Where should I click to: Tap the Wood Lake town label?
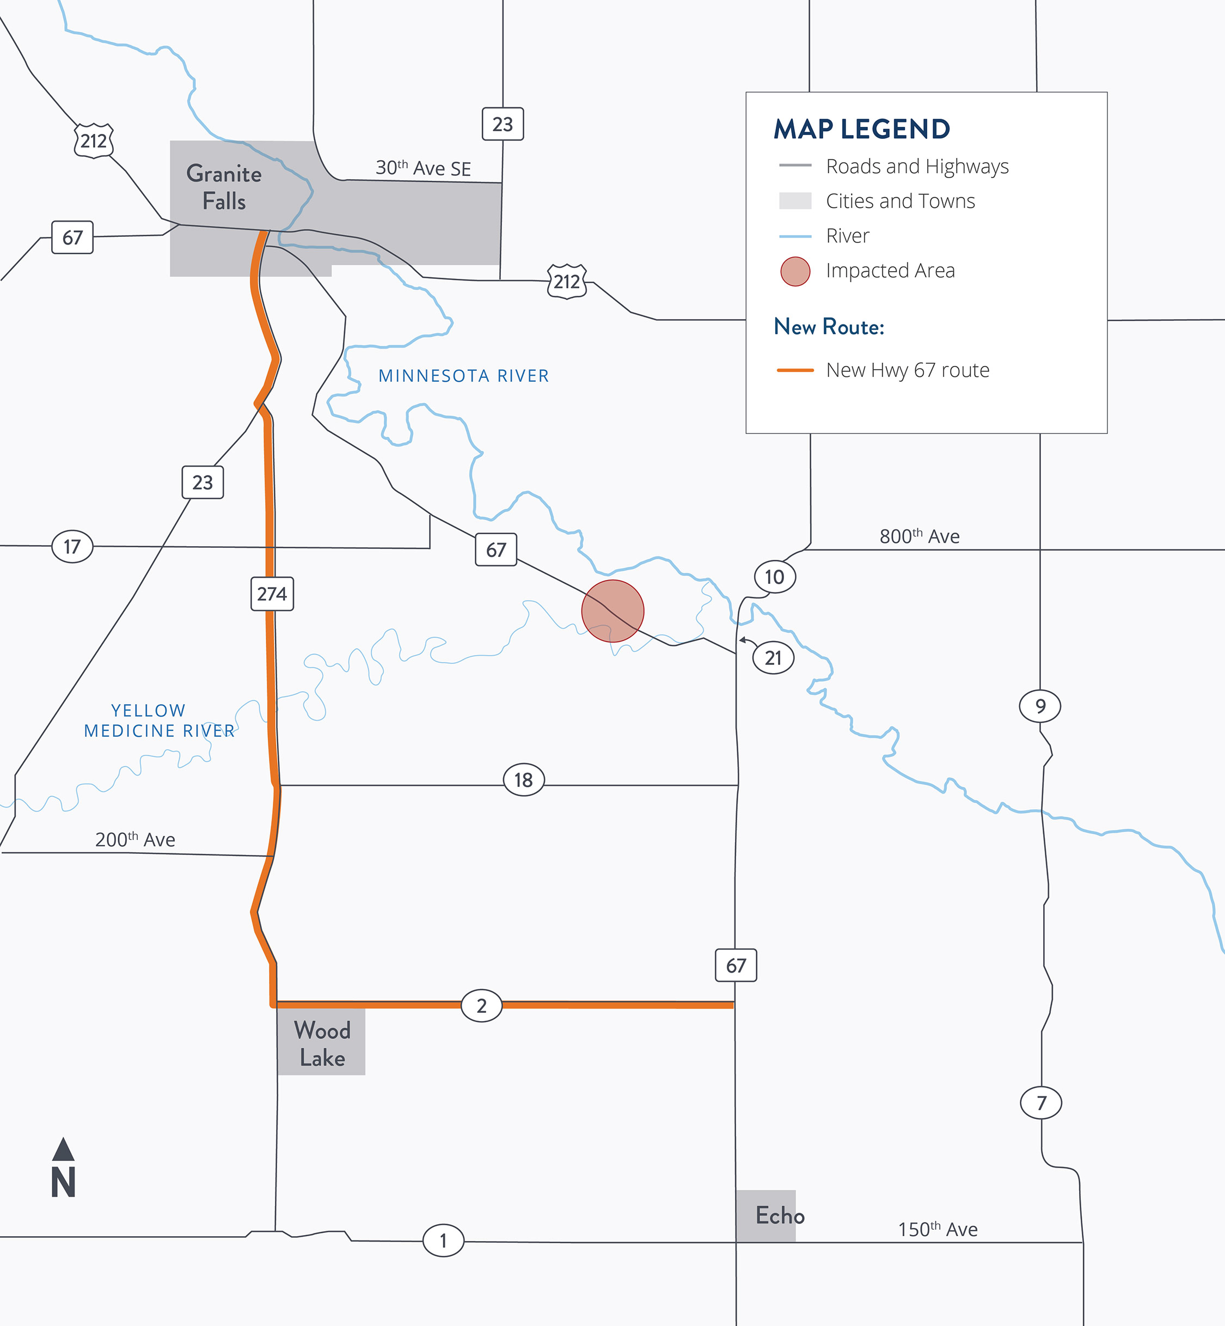[322, 1043]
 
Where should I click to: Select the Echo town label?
[780, 1215]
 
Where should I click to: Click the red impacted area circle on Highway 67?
[612, 610]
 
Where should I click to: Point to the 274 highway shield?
[272, 594]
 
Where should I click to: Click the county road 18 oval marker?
[524, 780]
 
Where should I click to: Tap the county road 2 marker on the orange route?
[481, 1006]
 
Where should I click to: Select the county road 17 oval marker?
[72, 546]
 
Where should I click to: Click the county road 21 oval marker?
[773, 658]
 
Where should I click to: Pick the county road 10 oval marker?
[774, 577]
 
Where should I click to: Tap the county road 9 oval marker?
[1040, 706]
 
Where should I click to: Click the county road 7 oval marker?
[1041, 1103]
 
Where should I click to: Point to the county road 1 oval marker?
[444, 1240]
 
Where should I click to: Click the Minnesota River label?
[463, 376]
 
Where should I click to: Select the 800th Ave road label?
[920, 536]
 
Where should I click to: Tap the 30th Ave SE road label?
[423, 168]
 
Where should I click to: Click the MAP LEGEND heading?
[862, 129]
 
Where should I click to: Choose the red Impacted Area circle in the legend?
[795, 271]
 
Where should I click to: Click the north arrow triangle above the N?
[63, 1150]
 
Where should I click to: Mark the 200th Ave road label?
[135, 839]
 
